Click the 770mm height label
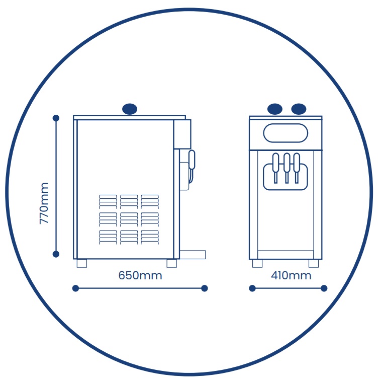(x=44, y=203)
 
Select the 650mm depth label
(x=140, y=276)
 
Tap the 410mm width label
(x=291, y=276)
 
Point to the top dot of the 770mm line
(x=56, y=118)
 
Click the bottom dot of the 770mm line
(x=56, y=254)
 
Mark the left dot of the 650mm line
(x=75, y=288)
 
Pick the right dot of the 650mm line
(x=205, y=288)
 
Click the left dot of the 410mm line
(x=252, y=288)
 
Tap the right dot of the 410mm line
(x=324, y=288)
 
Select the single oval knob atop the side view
(x=130, y=109)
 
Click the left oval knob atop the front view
(x=275, y=109)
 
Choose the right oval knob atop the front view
(x=299, y=109)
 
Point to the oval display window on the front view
(x=285, y=133)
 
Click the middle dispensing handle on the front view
(x=287, y=168)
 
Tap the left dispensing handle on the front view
(x=275, y=168)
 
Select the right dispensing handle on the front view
(x=297, y=168)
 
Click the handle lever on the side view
(x=192, y=160)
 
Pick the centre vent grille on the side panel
(x=129, y=219)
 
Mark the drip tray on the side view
(x=193, y=255)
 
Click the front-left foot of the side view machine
(x=172, y=264)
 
